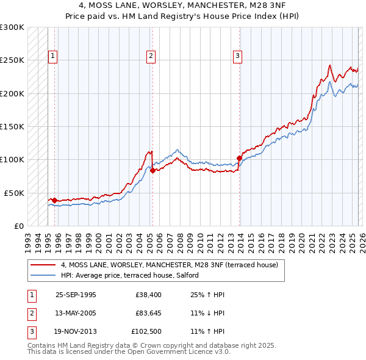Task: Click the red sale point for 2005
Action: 152,170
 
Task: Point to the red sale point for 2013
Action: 239,158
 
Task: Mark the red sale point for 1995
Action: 55,200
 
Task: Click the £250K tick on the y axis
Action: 12,60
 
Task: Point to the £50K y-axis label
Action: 14,193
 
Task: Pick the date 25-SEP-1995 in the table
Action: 76,295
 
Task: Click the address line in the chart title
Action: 182,5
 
